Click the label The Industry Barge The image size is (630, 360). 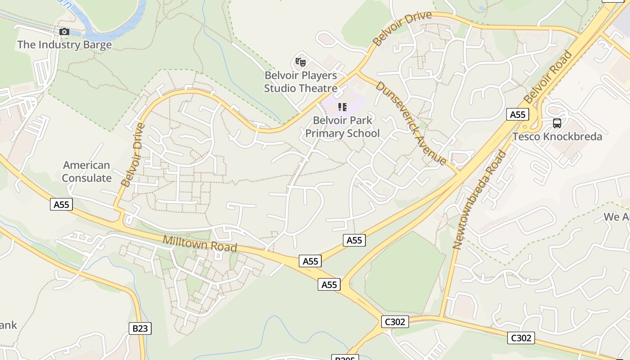pyautogui.click(x=64, y=45)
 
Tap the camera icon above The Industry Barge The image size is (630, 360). pyautogui.click(x=64, y=31)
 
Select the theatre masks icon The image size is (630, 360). pyautogui.click(x=301, y=62)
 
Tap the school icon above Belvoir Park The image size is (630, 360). pyautogui.click(x=342, y=107)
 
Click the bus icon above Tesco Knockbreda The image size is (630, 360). pyautogui.click(x=557, y=123)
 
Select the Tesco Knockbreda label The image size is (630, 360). pyautogui.click(x=557, y=136)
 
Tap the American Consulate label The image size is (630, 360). pyautogui.click(x=87, y=171)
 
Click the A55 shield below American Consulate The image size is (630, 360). pyautogui.click(x=62, y=205)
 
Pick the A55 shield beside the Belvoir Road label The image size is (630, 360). pyautogui.click(x=517, y=114)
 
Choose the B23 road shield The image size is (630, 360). pyautogui.click(x=140, y=328)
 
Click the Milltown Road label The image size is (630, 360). pyautogui.click(x=200, y=243)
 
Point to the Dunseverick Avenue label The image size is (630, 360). pyautogui.click(x=411, y=123)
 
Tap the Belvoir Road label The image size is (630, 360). pyautogui.click(x=548, y=77)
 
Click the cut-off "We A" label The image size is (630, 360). pyautogui.click(x=616, y=217)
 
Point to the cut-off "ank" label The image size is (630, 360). pyautogui.click(x=8, y=325)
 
